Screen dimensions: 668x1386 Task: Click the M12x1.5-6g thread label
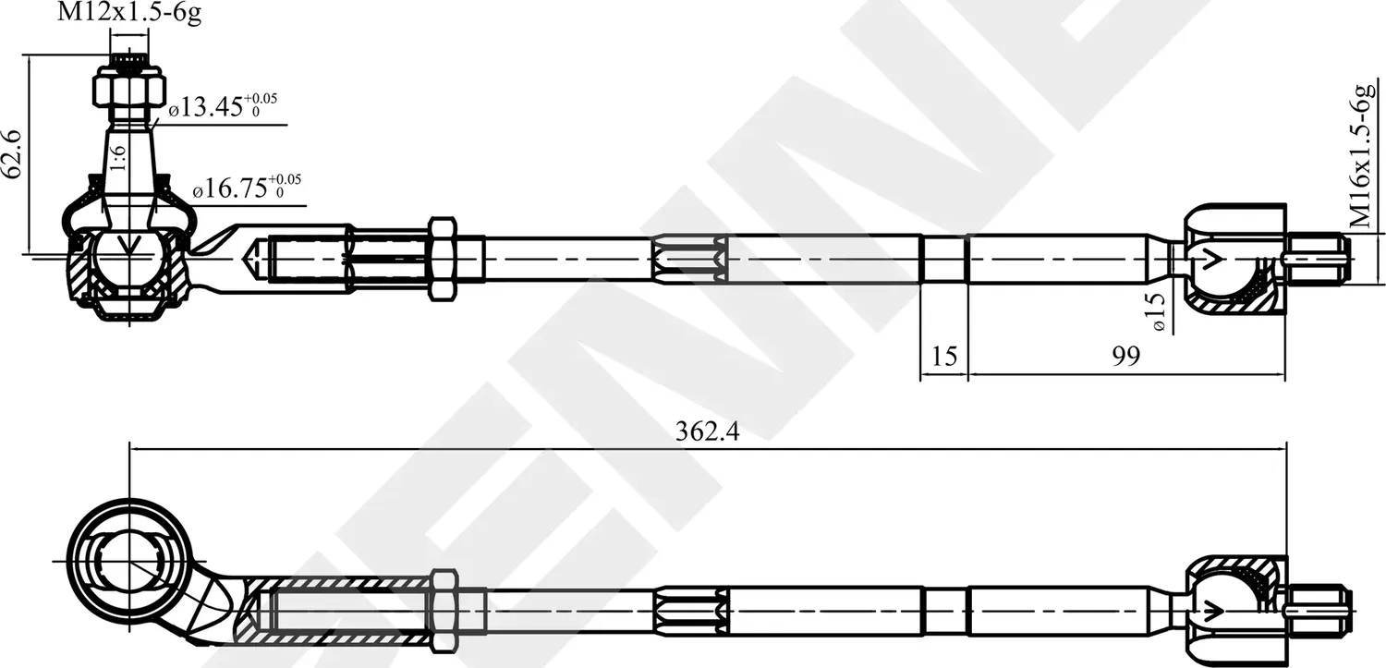[x=129, y=14]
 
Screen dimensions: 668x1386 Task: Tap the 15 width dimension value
[x=943, y=357]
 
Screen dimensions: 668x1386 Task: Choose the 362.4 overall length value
[x=709, y=431]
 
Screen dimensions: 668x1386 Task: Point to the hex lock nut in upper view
[x=442, y=258]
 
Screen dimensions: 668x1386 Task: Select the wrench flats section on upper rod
[x=688, y=258]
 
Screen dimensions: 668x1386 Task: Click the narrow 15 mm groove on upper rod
[x=943, y=258]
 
